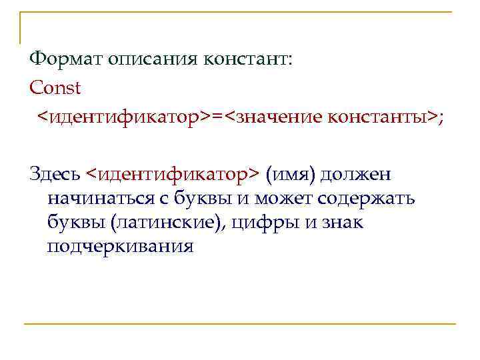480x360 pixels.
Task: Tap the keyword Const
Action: [x=55, y=87]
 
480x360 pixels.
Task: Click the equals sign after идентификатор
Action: [x=217, y=117]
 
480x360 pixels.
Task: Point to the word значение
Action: [x=279, y=117]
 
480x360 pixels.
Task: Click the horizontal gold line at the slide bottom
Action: [x=240, y=324]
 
